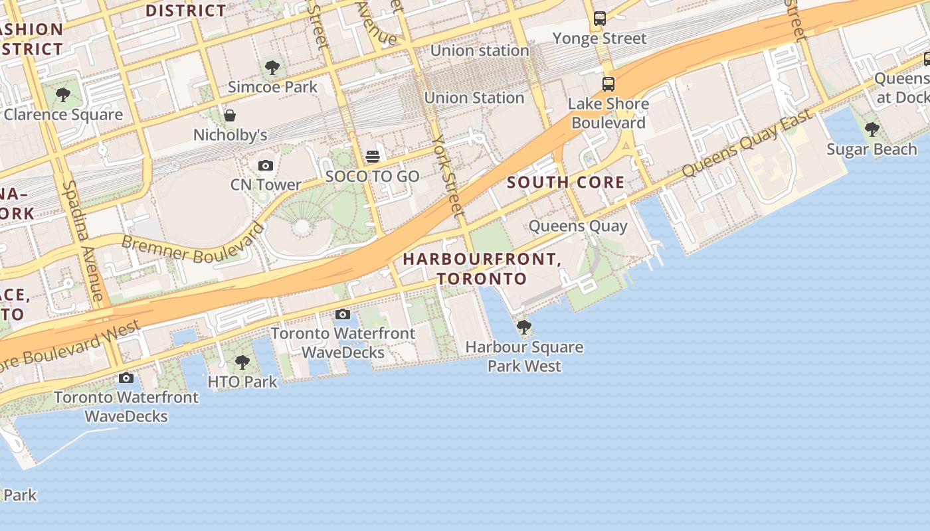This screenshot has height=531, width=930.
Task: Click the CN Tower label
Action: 266,185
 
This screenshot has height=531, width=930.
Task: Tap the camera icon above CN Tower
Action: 266,165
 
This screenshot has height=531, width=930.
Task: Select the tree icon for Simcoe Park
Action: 272,67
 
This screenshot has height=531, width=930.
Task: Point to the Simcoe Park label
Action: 272,87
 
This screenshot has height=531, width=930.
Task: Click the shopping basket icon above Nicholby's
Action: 230,115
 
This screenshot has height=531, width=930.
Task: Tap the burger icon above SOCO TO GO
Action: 373,157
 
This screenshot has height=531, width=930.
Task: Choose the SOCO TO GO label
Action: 372,177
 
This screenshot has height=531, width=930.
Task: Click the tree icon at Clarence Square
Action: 63,95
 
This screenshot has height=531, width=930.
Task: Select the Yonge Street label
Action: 599,38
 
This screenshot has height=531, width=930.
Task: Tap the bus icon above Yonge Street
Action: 600,19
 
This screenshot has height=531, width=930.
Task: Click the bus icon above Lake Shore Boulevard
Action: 608,84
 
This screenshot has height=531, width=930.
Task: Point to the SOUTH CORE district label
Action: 565,183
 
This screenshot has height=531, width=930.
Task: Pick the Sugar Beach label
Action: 872,149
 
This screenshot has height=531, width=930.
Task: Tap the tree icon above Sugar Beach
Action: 872,129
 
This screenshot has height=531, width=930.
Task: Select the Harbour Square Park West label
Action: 524,356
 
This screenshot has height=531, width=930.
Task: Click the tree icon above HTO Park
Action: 242,362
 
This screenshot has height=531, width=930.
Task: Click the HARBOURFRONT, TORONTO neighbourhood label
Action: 482,269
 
